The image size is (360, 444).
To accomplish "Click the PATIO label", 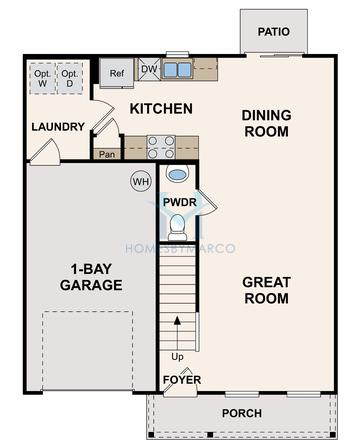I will coord(273,32).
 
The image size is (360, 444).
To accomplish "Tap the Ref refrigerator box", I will coord(116,73).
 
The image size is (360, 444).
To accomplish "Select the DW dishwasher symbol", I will coord(148,69).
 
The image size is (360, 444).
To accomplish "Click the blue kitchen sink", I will coord(178,69).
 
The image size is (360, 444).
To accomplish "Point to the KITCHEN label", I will coord(160,108).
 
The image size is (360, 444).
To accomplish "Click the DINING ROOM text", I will coord(266,123).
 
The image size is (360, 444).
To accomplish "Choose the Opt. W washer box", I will coord(43,79).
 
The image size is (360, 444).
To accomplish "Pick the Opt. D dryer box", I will coord(69,79).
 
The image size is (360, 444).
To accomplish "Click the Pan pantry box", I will coord(107,155).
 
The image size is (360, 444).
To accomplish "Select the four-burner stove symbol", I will coord(161,147).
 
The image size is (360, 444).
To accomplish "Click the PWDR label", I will coord(179,202).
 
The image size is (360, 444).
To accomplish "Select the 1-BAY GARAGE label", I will coord(96,276).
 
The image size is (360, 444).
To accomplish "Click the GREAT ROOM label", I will coord(266,290).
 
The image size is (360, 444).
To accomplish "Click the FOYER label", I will coord(181,380).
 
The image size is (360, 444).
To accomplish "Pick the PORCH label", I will coord(242,413).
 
